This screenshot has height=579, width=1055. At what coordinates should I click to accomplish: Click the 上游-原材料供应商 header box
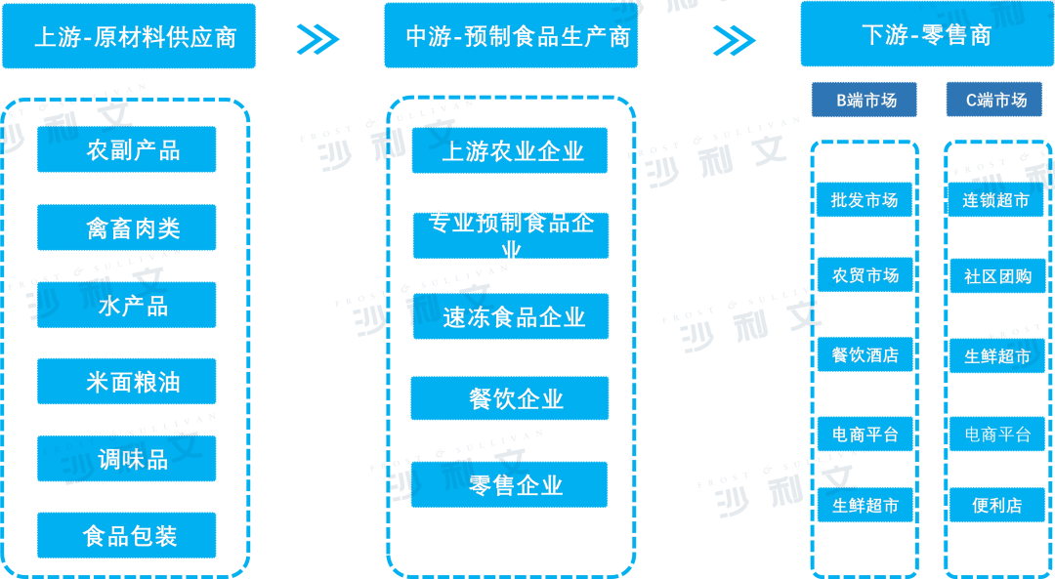129,36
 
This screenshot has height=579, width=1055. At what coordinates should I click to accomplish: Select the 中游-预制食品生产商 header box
517,36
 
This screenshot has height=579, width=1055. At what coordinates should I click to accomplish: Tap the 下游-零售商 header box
926,35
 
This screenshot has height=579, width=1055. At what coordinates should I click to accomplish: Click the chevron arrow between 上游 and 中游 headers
317,39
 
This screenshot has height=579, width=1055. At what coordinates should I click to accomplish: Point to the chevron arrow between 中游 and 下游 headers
734,39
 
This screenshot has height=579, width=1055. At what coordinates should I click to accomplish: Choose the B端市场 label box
864,100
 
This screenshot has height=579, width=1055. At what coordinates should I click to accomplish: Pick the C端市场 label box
994,100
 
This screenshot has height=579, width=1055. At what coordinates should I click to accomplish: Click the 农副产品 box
127,150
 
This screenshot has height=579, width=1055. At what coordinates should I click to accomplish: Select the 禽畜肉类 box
127,228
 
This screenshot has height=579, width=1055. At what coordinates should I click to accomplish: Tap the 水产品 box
127,305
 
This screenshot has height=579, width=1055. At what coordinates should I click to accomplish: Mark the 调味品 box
127,459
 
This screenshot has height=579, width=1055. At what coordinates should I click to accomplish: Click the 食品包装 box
127,535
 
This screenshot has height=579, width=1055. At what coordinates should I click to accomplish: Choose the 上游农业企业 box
510,151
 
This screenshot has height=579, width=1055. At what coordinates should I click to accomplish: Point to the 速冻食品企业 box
510,316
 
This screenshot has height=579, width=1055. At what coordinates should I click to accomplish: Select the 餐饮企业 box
510,398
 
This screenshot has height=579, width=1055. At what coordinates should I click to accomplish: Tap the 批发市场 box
865,200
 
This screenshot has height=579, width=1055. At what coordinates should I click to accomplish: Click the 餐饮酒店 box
865,354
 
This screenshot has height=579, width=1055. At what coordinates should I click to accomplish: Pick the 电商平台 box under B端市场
865,434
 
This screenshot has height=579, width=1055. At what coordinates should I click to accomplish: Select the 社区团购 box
996,276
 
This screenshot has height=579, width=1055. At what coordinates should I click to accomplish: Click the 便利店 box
996,506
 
